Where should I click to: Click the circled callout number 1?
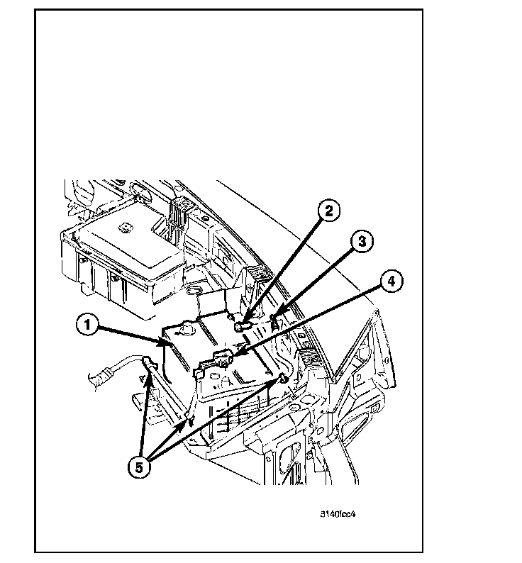[x=87, y=327]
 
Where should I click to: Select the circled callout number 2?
[x=329, y=210]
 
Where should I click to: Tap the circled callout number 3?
[x=362, y=243]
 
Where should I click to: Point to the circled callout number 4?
[x=389, y=281]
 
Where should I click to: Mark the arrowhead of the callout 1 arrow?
[x=169, y=345]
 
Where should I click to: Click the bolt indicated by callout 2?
[x=241, y=326]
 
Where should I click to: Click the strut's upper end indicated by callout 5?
[x=148, y=363]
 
